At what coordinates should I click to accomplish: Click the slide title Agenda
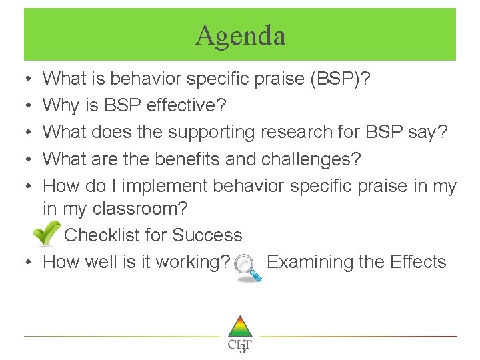240,35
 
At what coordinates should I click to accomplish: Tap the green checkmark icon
45,234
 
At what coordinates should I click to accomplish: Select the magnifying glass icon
248,268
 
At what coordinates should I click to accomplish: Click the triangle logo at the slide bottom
239,327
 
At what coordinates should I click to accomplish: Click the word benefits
205,159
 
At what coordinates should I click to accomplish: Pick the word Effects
419,262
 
